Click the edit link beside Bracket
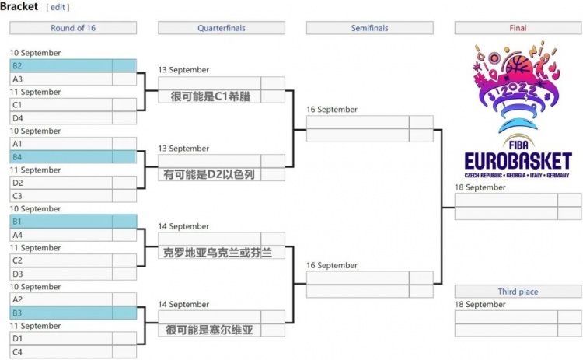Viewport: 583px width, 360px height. tap(58, 7)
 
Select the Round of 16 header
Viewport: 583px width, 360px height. tap(73, 28)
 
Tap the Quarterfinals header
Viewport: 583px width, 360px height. tap(222, 28)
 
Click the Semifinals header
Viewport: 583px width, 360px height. tap(369, 28)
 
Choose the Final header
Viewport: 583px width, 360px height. tap(518, 28)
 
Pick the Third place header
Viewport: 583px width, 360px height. tap(518, 292)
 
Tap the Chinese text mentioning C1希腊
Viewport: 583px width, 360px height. tap(211, 96)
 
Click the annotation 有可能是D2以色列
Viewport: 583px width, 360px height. tap(209, 174)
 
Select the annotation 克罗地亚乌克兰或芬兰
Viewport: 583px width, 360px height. tap(218, 253)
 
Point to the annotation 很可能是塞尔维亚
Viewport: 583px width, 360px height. tap(209, 330)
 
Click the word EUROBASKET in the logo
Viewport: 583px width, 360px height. tap(518, 162)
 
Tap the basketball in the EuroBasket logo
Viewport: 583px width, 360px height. tap(518, 65)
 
